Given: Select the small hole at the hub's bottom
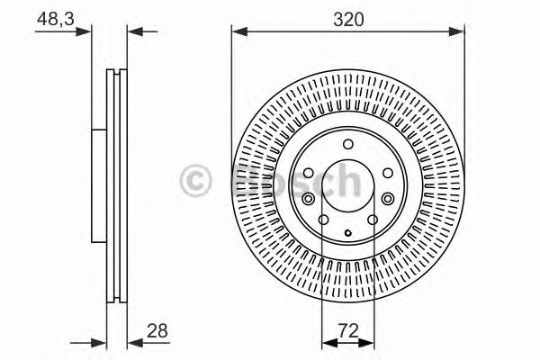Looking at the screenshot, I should pyautogui.click(x=346, y=230).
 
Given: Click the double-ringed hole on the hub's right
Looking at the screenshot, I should pyautogui.click(x=387, y=199).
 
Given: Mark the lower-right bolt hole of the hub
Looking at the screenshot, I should pyautogui.click(x=372, y=219).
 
